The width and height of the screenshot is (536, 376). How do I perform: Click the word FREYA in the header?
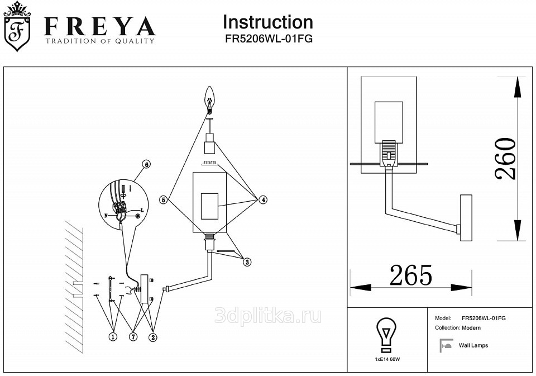click(99, 26)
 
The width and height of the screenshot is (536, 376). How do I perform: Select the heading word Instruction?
click(268, 22)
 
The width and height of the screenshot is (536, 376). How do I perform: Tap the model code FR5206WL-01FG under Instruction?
click(268, 39)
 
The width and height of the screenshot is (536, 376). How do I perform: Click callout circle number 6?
click(146, 164)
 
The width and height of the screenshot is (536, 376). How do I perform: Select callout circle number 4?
click(262, 199)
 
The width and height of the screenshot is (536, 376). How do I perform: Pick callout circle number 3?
click(246, 260)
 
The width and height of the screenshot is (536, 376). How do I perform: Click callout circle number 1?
click(113, 336)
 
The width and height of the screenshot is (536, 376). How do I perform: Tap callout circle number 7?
click(133, 336)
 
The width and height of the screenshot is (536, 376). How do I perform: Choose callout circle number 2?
click(153, 336)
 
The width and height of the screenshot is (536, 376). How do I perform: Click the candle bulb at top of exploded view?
click(210, 97)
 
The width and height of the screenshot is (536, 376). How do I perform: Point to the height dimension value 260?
click(506, 159)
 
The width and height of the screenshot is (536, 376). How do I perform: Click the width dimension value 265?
click(411, 275)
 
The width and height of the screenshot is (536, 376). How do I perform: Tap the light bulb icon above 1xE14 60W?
click(386, 335)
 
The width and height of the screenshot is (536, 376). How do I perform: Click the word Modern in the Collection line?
click(471, 328)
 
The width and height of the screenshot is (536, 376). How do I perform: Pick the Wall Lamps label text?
click(473, 346)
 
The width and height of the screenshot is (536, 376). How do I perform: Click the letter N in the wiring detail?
click(106, 215)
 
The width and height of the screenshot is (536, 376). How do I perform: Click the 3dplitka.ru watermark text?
click(268, 316)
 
